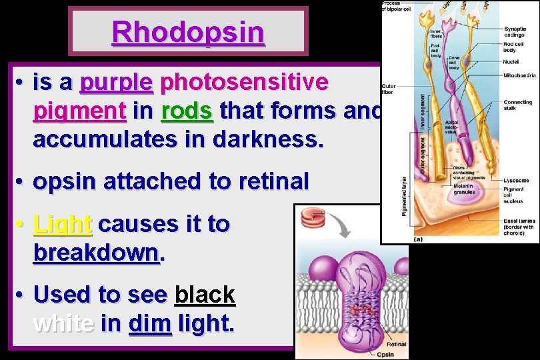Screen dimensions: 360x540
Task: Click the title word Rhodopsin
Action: tap(188, 31)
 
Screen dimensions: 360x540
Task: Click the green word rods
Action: tap(187, 111)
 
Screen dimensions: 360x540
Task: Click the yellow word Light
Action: tap(62, 224)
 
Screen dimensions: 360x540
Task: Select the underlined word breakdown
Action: tap(97, 253)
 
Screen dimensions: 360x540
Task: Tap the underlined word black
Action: tap(204, 295)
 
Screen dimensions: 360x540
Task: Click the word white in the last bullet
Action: tap(63, 323)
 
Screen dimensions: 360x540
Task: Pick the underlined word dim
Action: tap(149, 323)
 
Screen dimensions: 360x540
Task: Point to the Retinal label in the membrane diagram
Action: tap(396, 345)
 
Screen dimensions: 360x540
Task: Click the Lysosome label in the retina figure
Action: tap(516, 181)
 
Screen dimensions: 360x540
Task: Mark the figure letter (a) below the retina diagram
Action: tap(419, 238)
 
